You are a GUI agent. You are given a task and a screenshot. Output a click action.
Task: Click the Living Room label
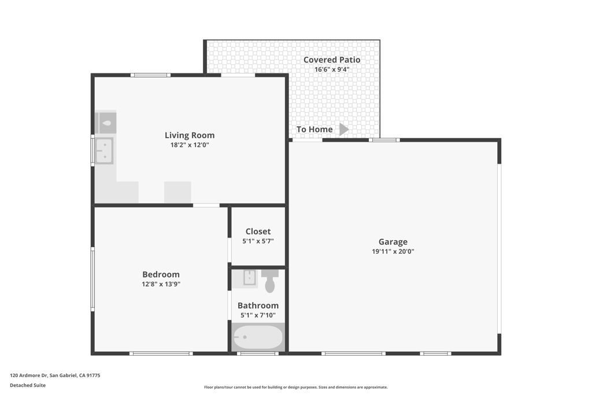point(190,135)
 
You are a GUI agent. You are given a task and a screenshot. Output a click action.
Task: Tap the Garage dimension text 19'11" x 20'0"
point(393,252)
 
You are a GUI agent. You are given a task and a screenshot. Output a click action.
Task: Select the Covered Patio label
point(332,60)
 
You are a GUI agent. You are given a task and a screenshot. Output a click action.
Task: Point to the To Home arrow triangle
point(344,129)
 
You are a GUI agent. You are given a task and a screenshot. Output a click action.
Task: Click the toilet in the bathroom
point(269,280)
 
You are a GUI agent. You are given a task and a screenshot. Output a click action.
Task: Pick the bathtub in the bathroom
point(258,337)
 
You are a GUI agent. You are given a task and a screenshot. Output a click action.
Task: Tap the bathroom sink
point(250,278)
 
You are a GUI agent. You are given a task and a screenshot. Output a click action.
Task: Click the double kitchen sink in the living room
point(104,151)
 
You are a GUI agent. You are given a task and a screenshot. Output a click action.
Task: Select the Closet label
point(258,231)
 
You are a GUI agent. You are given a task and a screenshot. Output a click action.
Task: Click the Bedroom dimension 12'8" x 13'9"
point(161,284)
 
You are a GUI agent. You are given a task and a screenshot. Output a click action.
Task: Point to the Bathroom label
point(258,305)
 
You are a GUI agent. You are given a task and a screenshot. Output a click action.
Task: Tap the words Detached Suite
point(28,385)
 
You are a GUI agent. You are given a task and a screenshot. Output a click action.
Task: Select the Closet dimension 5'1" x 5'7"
point(258,241)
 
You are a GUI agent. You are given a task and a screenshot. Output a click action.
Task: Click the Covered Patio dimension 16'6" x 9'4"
point(332,69)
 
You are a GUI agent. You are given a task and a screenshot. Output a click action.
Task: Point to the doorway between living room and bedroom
point(206,205)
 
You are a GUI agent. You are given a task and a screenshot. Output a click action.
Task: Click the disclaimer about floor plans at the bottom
point(296,387)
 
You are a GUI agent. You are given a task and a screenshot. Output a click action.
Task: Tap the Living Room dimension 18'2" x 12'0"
point(190,145)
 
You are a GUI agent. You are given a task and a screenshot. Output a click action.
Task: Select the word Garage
point(393,242)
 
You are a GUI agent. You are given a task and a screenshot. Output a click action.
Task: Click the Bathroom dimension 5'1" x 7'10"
point(258,315)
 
